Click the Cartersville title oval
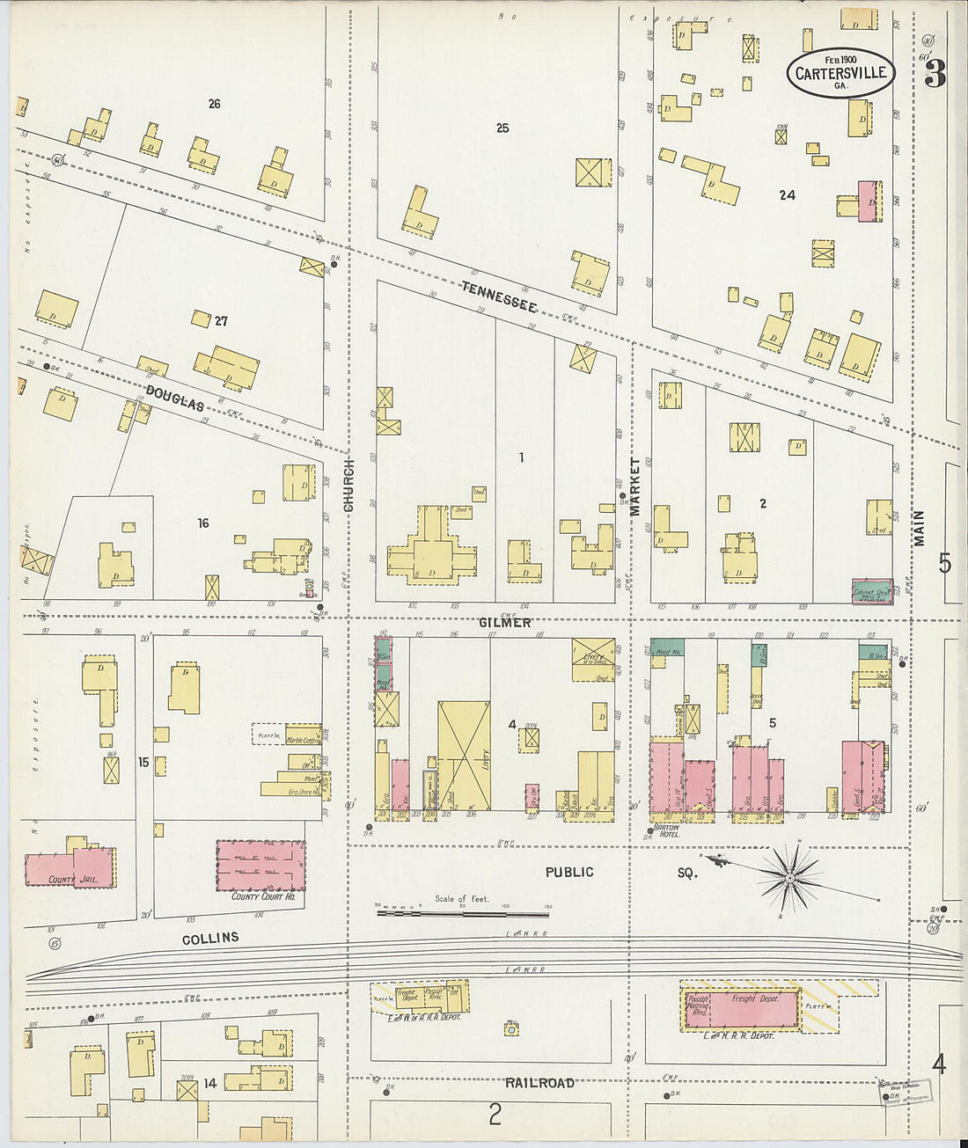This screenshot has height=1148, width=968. click(x=840, y=73)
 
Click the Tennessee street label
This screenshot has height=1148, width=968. click(x=499, y=296)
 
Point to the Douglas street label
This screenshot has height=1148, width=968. click(x=175, y=398)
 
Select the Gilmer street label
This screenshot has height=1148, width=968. click(x=505, y=622)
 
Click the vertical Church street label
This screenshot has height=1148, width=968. click(x=348, y=485)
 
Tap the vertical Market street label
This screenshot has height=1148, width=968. click(x=634, y=486)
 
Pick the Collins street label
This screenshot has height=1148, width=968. click(x=210, y=939)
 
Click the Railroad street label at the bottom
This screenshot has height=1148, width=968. click(x=540, y=1083)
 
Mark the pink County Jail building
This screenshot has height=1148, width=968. click(x=69, y=867)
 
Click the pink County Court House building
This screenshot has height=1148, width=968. click(x=260, y=866)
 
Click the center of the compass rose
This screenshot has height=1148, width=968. click(x=790, y=877)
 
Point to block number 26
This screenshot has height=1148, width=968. click(x=214, y=104)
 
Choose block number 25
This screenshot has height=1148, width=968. click(x=502, y=128)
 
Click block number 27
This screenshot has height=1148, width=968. click(x=221, y=321)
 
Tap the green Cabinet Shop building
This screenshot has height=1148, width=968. click(x=871, y=592)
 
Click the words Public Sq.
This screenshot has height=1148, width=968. click(x=616, y=873)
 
